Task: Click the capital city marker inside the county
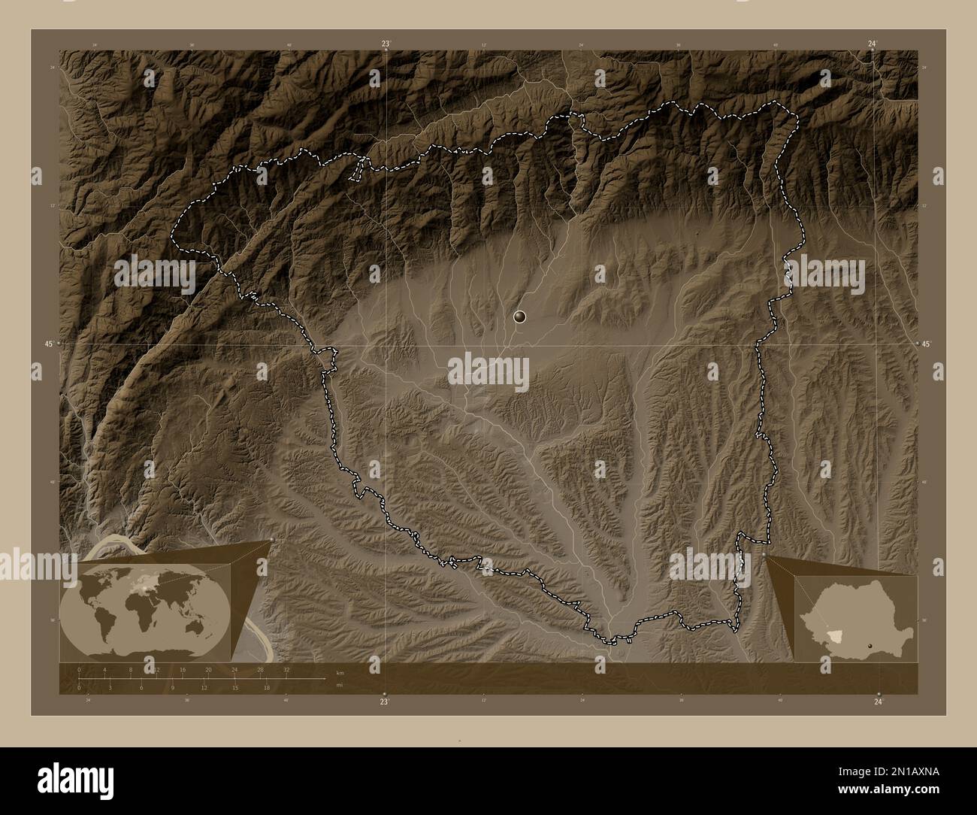point(519,317)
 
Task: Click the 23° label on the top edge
point(386,44)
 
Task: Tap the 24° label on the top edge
point(871,44)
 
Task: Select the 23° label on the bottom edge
point(384,701)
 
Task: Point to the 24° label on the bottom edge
point(879,701)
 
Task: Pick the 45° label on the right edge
point(927,344)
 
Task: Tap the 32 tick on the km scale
point(286,669)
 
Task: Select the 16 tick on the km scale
point(182,669)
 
